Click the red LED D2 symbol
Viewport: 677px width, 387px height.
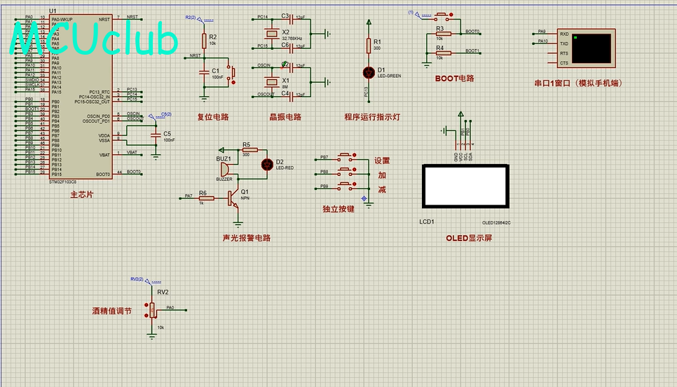point(266,164)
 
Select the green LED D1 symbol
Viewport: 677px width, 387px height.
point(369,72)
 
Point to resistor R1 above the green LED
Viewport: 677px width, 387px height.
point(369,45)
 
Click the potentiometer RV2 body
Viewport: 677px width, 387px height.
point(152,309)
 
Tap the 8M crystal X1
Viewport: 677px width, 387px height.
point(270,80)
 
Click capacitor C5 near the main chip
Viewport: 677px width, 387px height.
point(154,133)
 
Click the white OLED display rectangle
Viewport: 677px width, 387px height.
point(465,186)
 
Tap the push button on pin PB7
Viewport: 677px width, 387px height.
point(346,157)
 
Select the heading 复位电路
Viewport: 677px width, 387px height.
point(213,117)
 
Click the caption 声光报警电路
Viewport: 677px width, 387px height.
point(246,238)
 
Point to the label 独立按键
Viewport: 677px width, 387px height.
point(338,209)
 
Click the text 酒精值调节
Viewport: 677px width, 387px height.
point(111,311)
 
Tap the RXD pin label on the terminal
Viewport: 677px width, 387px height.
point(564,33)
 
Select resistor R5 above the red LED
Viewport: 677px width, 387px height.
point(250,150)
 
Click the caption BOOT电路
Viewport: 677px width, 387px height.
point(454,79)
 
